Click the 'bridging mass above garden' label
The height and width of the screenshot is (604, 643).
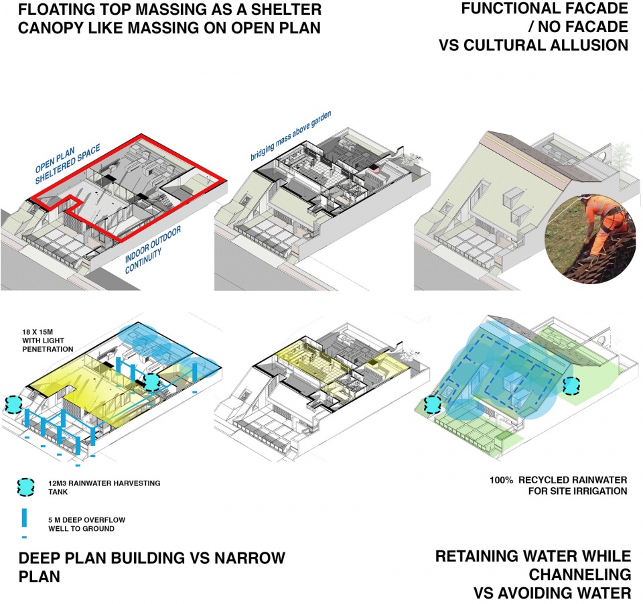tap(290, 135)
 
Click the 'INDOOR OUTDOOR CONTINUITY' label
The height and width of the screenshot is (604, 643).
tap(153, 249)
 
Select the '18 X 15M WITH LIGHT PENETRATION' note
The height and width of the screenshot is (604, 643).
tap(48, 341)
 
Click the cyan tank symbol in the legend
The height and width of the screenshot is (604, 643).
tap(25, 487)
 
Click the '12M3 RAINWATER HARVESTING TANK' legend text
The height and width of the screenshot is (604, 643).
tap(104, 487)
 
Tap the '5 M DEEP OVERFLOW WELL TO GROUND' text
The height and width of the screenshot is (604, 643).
tap(87, 524)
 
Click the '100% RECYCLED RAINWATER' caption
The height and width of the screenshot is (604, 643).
tap(558, 480)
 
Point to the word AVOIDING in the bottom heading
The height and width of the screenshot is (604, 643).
tap(587, 593)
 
